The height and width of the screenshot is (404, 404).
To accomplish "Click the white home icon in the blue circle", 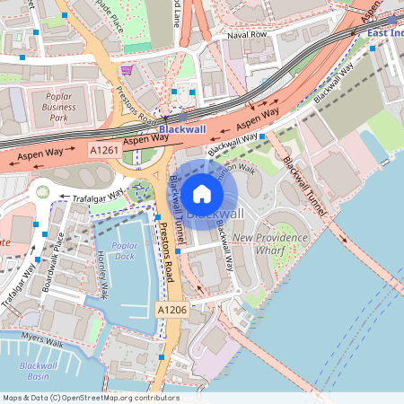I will point(202,193).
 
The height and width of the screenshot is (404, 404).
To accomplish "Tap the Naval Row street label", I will point(247,34).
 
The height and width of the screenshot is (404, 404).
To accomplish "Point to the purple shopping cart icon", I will point(127,69).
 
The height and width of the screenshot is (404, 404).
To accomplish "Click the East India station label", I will point(385,32).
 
